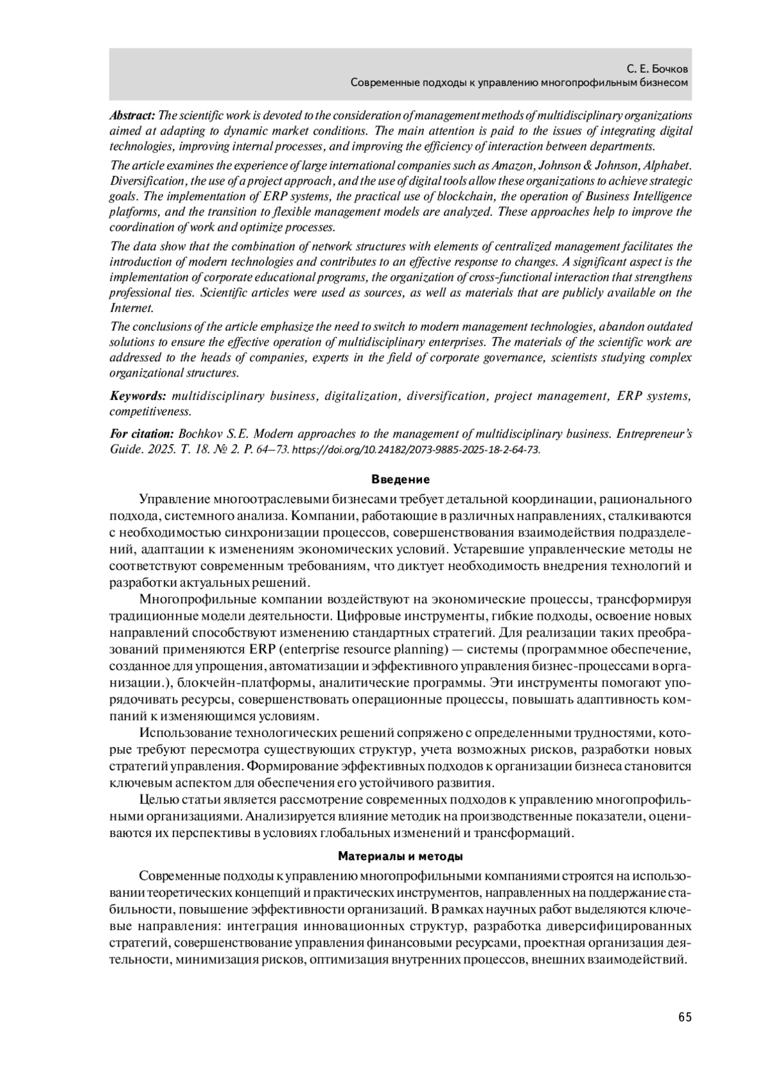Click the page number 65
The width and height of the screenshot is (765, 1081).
point(685,1017)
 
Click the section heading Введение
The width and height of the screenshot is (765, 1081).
point(400,479)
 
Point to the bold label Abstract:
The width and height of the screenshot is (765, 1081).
point(132,116)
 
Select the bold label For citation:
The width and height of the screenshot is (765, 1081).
point(142,434)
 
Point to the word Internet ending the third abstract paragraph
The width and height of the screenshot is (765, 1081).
point(131,308)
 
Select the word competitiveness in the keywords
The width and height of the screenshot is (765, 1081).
point(150,412)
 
